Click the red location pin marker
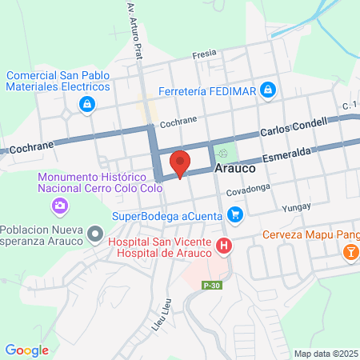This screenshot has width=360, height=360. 180,163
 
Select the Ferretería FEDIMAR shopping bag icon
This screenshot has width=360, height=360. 270,90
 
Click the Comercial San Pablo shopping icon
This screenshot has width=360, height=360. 86,103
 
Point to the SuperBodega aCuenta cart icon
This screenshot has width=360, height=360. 234,214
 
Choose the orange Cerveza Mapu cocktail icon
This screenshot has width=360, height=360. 350,254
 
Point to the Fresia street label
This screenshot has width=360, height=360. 205,54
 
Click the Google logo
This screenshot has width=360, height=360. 26,350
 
